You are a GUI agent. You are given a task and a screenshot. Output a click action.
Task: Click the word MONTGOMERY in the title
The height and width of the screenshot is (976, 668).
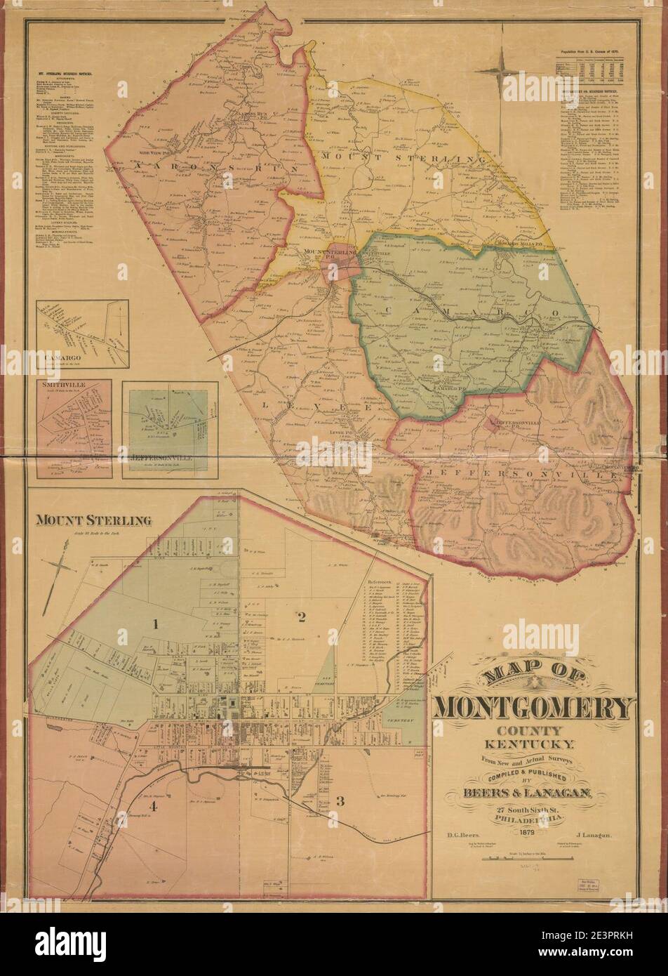pos(533,708)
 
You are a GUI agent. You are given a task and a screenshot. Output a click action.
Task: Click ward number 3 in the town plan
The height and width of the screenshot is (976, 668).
pos(340,800)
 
